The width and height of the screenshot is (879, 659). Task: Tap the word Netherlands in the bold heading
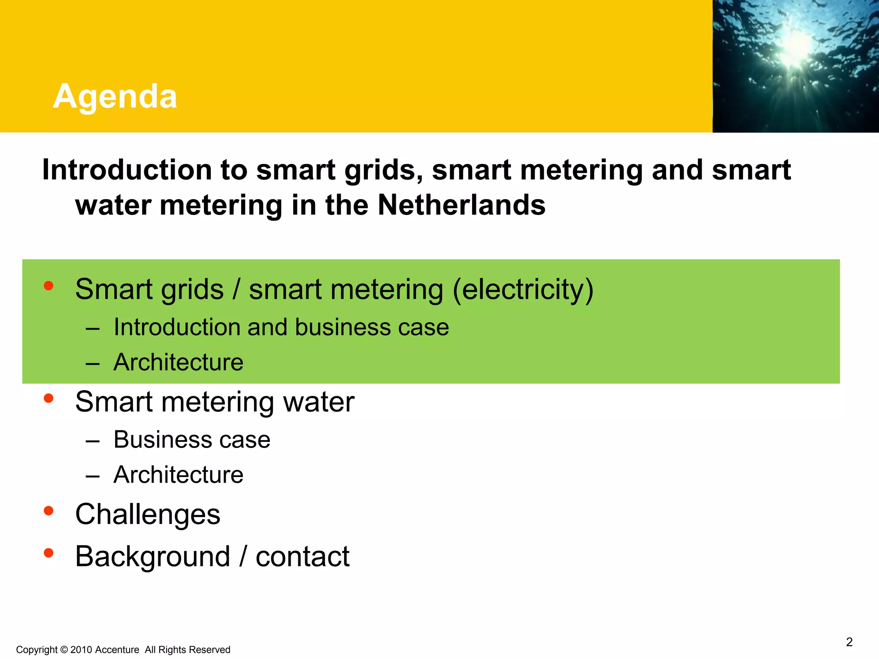[x=461, y=205]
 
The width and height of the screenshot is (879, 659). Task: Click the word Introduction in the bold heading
[x=127, y=170]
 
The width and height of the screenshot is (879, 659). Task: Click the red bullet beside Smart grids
[x=48, y=286]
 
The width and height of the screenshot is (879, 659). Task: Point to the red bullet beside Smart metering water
[x=48, y=399]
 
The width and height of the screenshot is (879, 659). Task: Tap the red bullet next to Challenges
[x=48, y=511]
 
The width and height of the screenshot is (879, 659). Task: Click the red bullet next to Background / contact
[x=48, y=553]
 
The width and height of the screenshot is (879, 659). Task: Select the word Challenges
[x=148, y=514]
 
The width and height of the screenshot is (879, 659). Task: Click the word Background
[x=153, y=556]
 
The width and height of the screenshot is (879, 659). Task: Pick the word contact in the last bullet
[x=303, y=556]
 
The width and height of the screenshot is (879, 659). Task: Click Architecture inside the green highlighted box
[x=179, y=362]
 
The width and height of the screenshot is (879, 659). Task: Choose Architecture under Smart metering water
[x=179, y=475]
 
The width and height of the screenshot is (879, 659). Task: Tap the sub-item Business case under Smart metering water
[x=192, y=440]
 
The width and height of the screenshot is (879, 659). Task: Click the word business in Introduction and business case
[x=343, y=327]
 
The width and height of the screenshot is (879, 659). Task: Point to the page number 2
[x=849, y=642]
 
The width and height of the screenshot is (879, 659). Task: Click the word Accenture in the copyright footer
[x=117, y=650]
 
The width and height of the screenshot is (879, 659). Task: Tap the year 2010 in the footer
[x=81, y=650]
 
